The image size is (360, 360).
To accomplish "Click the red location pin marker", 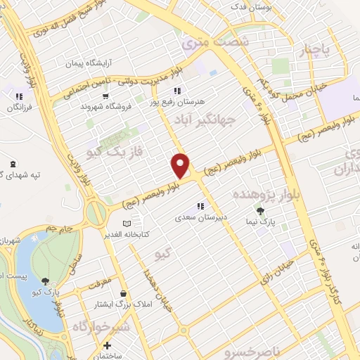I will [181, 165].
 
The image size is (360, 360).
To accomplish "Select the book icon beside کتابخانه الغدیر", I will [127, 224].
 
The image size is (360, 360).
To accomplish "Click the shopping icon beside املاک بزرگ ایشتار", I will [124, 294].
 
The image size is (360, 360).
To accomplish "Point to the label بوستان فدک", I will [254, 6].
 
